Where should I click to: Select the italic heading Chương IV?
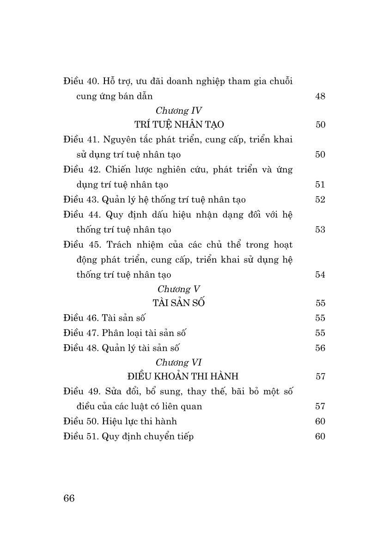[179, 110]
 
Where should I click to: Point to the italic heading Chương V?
[179, 289]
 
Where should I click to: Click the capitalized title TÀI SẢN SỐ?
[178, 303]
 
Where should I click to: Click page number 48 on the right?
[320, 96]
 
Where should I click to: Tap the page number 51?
[320, 184]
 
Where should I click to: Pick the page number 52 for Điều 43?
[320, 200]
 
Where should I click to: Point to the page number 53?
[320, 230]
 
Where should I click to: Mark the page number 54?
[320, 275]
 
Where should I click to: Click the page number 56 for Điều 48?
[320, 348]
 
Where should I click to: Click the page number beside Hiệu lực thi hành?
[320, 421]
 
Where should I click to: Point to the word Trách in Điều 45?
[122, 244]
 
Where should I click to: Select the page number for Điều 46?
[320, 318]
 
